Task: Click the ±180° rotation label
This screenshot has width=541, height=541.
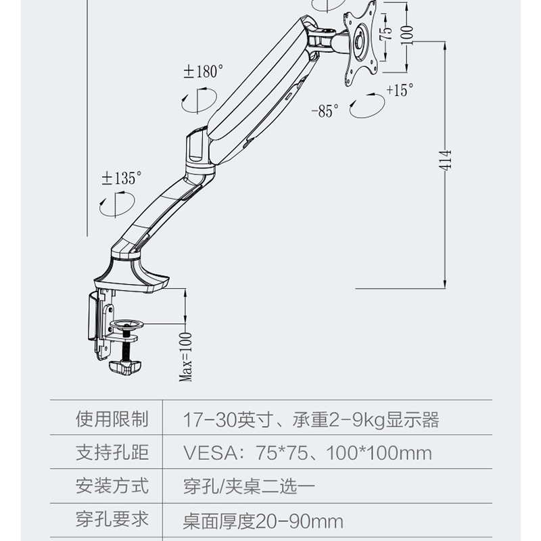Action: pos(204,72)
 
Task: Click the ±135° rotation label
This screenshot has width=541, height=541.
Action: pos(122,179)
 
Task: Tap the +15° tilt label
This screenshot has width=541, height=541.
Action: pos(400,90)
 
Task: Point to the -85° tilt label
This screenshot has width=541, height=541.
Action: pos(325,111)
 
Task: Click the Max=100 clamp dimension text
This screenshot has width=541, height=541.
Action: pos(185,357)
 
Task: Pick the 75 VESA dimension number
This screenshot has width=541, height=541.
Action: pos(386,32)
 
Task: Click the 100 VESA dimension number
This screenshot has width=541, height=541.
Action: pos(407,34)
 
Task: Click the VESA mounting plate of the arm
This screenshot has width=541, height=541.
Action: pos(360,43)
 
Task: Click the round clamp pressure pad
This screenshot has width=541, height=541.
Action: pos(126,324)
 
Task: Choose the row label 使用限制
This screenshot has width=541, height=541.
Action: pos(112,419)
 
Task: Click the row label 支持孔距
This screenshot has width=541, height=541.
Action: pos(112,452)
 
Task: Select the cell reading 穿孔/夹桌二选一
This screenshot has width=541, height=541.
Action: pos(249,486)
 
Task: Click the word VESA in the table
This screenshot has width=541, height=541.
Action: pos(210,452)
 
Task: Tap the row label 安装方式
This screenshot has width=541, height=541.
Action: pos(112,486)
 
